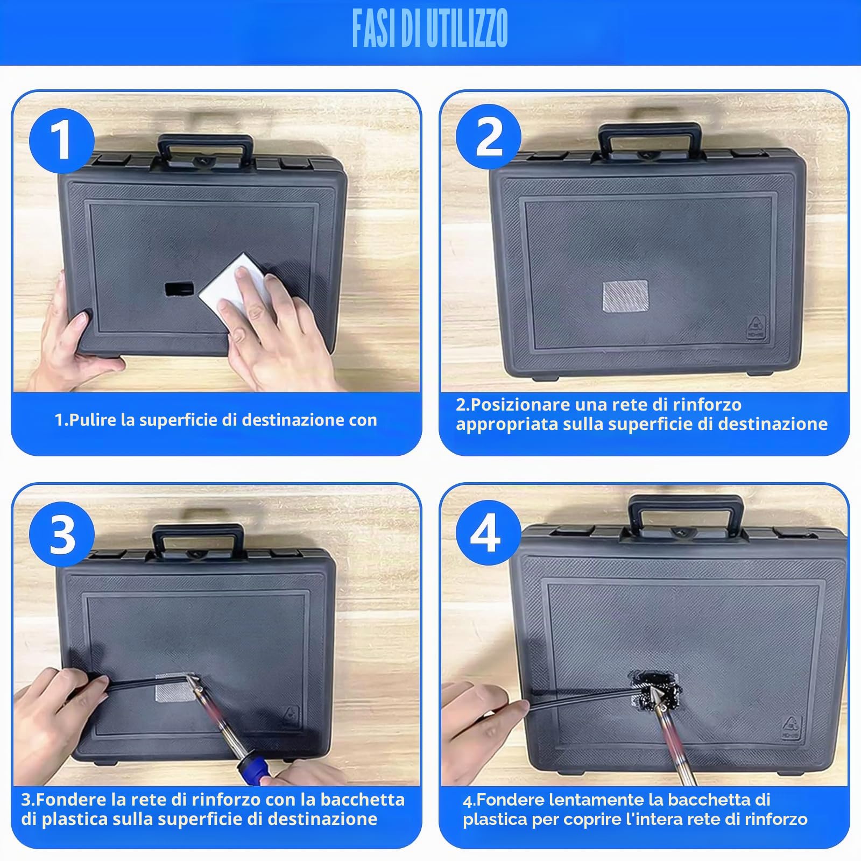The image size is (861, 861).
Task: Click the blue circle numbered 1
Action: point(62,142)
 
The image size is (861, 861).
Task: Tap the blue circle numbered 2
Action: point(489,137)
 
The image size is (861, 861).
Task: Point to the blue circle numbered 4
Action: point(489,533)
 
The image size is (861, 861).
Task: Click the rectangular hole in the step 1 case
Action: point(179,289)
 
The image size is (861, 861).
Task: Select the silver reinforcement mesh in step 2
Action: point(625,295)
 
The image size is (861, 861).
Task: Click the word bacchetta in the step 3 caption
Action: point(363,799)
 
